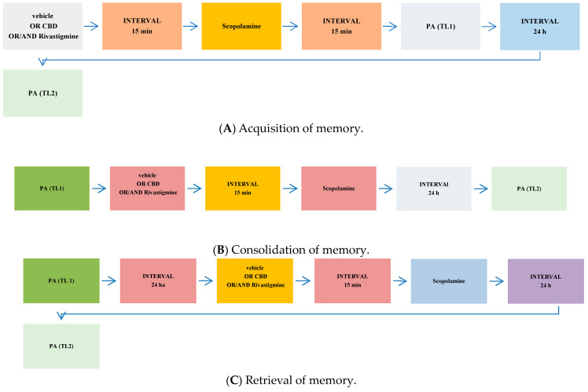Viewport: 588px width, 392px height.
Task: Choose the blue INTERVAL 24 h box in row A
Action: [x=538, y=26]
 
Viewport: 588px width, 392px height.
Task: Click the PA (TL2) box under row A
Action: [x=43, y=93]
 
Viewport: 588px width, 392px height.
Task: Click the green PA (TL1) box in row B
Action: [x=52, y=189]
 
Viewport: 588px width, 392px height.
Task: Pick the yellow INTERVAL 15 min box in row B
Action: [x=242, y=189]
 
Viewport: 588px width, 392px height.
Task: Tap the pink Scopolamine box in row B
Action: [x=338, y=189]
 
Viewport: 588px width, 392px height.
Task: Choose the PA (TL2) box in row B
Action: [x=528, y=189]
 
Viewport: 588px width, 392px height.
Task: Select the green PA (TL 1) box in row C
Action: [x=61, y=280]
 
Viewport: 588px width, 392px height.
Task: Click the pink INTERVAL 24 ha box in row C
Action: [x=157, y=280]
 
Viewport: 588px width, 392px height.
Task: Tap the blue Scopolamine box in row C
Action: [x=448, y=280]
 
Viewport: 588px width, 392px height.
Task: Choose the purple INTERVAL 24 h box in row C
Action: [x=546, y=280]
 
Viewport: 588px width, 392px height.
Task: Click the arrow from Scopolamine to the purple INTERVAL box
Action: [x=497, y=280]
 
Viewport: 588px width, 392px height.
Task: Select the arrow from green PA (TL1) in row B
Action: [x=99, y=189]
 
